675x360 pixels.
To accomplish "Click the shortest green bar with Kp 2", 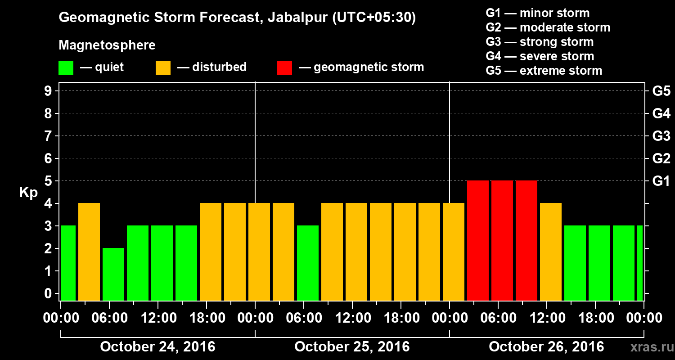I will tap(113, 274).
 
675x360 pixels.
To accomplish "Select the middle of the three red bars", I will tap(502, 240).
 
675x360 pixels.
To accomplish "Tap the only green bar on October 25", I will tap(308, 263).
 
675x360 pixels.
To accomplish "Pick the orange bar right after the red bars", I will tap(551, 252).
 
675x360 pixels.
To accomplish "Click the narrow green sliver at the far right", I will tap(640, 263).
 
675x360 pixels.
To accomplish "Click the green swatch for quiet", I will tap(66, 68).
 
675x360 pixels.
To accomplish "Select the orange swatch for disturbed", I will tap(163, 68).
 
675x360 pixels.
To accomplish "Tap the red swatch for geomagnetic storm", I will tap(284, 68).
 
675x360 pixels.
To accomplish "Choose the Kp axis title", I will tap(28, 193).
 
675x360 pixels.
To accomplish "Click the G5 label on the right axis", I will tap(661, 91).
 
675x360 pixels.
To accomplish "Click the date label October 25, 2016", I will tap(352, 347).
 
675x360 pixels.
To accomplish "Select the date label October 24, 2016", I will tap(157, 347).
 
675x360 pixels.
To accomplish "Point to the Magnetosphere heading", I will tap(107, 45).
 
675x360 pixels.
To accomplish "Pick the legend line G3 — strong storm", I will tap(540, 42).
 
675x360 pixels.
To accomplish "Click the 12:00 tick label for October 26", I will tap(551, 318).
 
